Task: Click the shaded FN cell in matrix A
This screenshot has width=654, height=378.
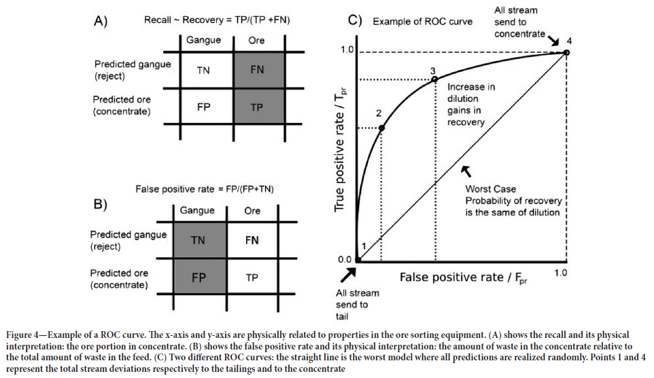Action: (x=256, y=70)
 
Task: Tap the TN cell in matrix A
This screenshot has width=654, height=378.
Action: (x=203, y=70)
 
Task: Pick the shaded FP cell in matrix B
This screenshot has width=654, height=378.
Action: (x=198, y=277)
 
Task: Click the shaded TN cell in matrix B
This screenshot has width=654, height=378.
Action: (x=198, y=240)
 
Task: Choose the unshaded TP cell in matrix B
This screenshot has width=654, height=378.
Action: (x=252, y=277)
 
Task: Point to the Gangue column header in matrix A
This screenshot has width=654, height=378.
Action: (x=203, y=40)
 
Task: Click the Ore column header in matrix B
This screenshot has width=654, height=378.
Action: (x=252, y=210)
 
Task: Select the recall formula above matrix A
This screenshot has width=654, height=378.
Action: (x=217, y=20)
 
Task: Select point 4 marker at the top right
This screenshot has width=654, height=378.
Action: (x=566, y=52)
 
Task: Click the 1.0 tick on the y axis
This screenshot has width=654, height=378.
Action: (x=347, y=50)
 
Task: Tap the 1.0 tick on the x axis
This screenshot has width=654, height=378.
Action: (x=560, y=272)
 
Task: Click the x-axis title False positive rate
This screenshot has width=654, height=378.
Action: (x=462, y=278)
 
